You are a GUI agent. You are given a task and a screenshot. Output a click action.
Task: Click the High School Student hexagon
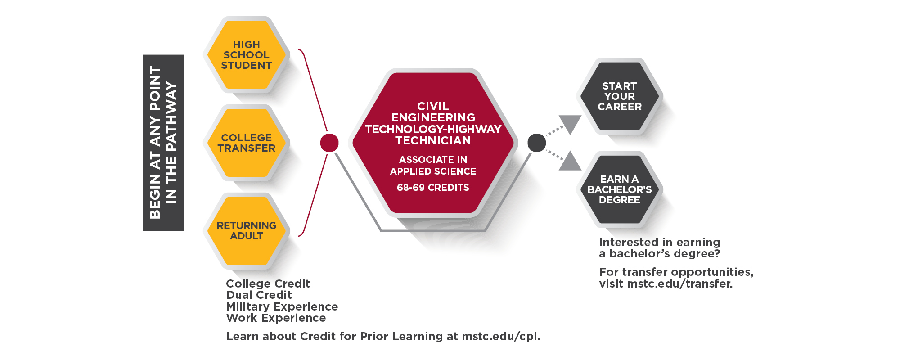pos(246,55)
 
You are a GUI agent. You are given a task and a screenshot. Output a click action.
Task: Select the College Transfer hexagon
pos(246,143)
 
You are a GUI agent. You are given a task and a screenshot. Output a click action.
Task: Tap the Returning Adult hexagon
pos(246,231)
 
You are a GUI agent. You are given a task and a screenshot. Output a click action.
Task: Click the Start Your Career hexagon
pos(619,96)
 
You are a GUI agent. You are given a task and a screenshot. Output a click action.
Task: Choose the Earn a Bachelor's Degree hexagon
pos(619,189)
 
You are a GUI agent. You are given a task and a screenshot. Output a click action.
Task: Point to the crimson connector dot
pos(329,143)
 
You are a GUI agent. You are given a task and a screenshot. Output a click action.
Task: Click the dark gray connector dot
pos(536,143)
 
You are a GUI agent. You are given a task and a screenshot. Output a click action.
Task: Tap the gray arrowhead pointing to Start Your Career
pos(570,123)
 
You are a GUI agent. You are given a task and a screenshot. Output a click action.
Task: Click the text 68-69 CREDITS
pos(433,188)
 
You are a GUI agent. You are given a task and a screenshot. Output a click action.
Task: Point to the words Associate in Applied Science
pos(433,166)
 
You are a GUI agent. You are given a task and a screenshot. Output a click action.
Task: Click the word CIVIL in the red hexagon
pos(433,107)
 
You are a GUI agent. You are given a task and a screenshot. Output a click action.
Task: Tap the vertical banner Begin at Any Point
pos(163,143)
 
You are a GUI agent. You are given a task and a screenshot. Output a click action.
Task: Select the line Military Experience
pos(282,306)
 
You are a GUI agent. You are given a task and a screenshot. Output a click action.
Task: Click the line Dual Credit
pos(259,295)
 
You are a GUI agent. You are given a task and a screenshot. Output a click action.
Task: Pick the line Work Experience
pos(276,318)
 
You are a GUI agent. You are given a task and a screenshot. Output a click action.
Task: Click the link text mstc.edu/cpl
pos(500,337)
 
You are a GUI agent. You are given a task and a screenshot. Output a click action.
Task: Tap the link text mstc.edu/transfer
pos(679,284)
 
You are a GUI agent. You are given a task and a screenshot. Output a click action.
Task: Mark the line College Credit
pos(268,283)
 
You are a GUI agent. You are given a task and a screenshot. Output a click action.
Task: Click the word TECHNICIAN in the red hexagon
pos(433,141)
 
